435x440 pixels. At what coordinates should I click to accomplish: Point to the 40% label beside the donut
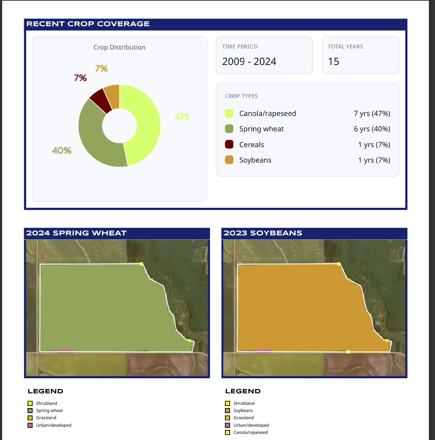click(62, 150)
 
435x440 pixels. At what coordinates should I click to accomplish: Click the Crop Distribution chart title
click(119, 47)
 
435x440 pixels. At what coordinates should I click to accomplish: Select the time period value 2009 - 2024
click(249, 62)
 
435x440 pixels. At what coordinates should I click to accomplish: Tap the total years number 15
click(334, 62)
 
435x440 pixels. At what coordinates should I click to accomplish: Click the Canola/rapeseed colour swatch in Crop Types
click(229, 113)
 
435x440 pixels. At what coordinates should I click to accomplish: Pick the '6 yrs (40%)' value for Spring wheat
click(372, 129)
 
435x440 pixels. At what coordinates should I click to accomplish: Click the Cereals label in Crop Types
click(252, 145)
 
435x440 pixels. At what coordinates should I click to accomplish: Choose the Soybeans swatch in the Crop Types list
click(229, 160)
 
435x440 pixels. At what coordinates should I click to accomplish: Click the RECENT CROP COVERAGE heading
click(88, 24)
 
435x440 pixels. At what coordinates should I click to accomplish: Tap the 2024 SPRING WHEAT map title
click(76, 233)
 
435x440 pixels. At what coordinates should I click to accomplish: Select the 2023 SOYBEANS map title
click(263, 233)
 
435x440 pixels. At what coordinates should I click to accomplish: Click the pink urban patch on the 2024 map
click(66, 351)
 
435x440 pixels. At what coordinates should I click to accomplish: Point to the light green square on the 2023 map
click(348, 352)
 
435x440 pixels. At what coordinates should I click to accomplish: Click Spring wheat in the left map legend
click(49, 411)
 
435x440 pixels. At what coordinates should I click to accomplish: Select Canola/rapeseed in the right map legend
click(250, 432)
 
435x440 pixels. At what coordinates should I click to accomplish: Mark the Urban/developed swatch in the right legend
click(228, 425)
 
